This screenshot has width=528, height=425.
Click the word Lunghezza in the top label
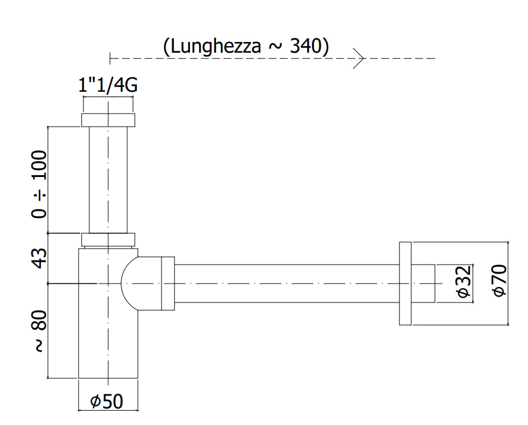click(x=215, y=46)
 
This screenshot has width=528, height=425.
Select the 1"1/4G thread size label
click(x=108, y=85)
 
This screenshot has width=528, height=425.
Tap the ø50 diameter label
click(x=107, y=401)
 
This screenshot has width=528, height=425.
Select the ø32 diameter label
click(x=463, y=282)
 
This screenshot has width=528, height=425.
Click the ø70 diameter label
click(x=500, y=281)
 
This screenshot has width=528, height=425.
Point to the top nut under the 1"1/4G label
click(x=108, y=120)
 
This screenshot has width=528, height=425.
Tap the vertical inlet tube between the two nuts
click(x=108, y=180)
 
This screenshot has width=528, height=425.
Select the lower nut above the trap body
click(x=108, y=240)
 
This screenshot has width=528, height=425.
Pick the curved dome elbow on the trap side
click(x=130, y=284)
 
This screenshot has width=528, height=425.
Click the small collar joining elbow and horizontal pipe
click(x=168, y=284)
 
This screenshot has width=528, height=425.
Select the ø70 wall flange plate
click(x=405, y=284)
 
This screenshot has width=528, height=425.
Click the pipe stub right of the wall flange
click(x=423, y=284)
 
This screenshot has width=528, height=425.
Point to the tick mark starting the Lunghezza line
click(x=110, y=58)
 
